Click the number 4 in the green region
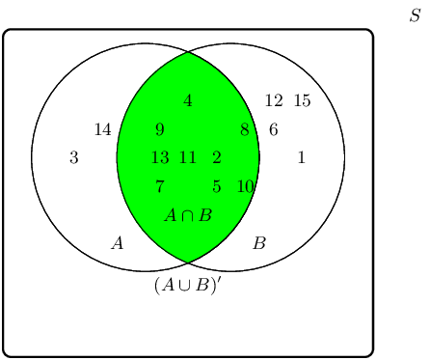coord(188,100)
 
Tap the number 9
coord(159,129)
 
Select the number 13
coord(160,157)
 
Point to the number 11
coord(188,157)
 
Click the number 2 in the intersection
coord(216,157)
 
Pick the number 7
coord(159,186)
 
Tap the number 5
coord(216,186)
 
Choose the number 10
coord(245,186)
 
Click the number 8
coord(244,129)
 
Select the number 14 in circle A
coord(102,129)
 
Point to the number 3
coord(74,157)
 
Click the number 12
coord(274,100)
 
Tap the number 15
coord(302,100)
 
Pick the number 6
coord(273,129)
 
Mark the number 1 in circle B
coord(302,157)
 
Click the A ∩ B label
coord(188,214)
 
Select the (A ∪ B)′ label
coord(188,285)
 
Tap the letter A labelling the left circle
coord(118,243)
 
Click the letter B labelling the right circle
coord(258,243)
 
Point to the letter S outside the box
coord(415,16)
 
